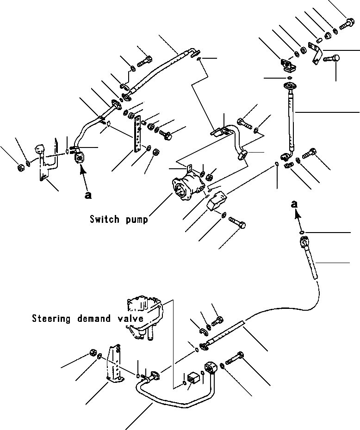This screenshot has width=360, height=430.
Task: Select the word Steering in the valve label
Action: coord(51,319)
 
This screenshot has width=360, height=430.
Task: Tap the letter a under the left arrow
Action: coord(88,195)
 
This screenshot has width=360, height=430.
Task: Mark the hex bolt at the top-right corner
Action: coord(347,23)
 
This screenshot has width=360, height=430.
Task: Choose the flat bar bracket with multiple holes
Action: coord(137,134)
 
